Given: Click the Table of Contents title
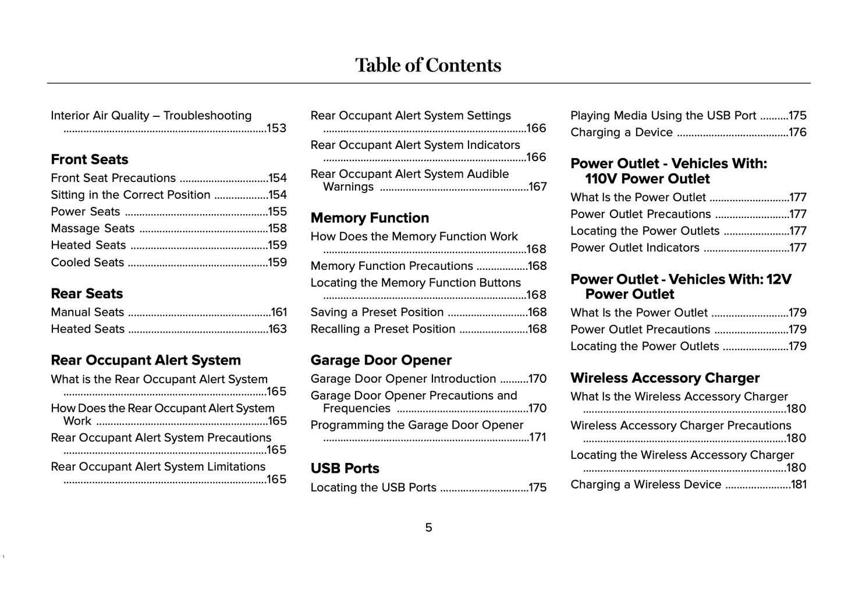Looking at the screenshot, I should tap(428, 65).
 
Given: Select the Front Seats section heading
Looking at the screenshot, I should tap(89, 159).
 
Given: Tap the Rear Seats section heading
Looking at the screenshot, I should tap(87, 294).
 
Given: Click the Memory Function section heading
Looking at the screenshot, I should tap(370, 218).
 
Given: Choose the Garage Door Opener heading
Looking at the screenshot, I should tap(381, 361).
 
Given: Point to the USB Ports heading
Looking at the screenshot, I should tap(345, 469).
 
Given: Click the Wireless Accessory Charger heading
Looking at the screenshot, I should tap(665, 378).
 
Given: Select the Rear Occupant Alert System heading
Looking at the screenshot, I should tap(146, 361).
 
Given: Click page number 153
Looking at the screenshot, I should tap(276, 129).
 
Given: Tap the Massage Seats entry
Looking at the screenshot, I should tap(93, 229).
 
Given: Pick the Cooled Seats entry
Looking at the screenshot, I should tap(87, 262).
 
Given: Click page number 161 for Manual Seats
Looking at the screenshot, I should tap(279, 312).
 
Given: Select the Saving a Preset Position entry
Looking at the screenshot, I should tap(377, 312).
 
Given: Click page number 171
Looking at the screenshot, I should tap(538, 437).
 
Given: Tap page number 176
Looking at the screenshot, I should tap(797, 133).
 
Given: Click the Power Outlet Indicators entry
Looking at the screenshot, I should tap(634, 248).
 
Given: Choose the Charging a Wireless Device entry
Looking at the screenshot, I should tap(645, 484).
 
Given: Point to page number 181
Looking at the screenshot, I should tap(799, 484).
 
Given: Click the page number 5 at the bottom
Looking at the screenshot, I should tap(428, 528).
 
